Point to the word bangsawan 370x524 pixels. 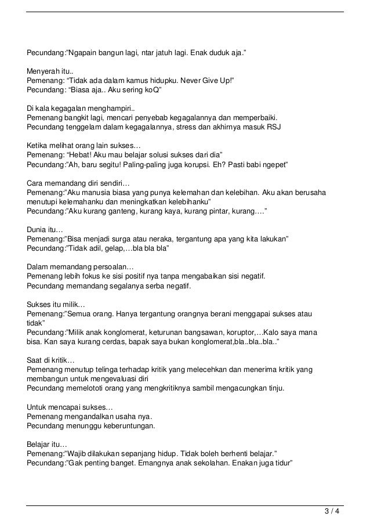(x=199, y=331)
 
